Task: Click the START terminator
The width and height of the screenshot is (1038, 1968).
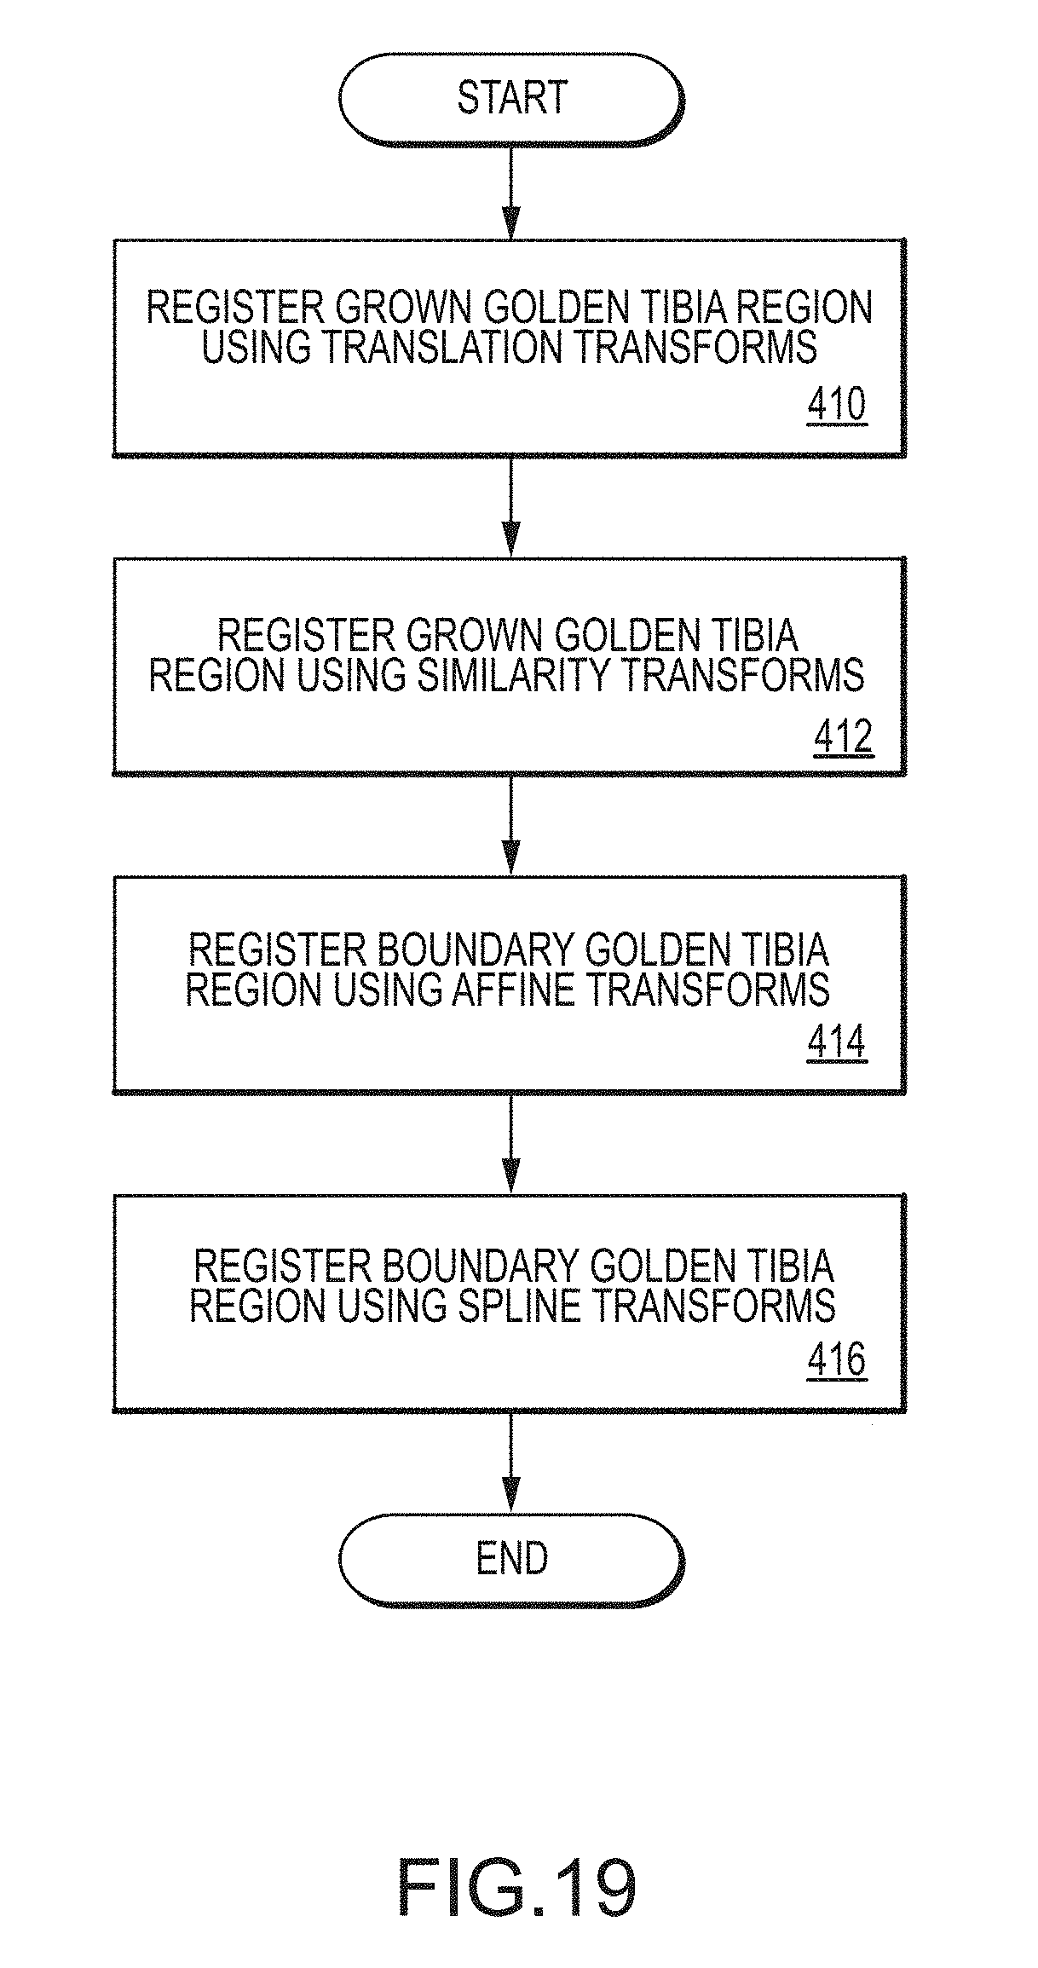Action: [x=511, y=98]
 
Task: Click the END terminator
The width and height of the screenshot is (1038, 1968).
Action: [x=511, y=1559]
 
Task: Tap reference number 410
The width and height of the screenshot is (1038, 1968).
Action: [x=836, y=406]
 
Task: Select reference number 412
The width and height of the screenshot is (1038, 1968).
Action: [x=843, y=736]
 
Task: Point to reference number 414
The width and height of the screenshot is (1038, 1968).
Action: [x=836, y=1042]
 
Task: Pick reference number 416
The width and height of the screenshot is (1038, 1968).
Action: [x=836, y=1360]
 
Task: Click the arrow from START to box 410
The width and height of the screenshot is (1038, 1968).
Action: [x=510, y=191]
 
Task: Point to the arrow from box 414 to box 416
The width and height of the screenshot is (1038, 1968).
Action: [x=510, y=1143]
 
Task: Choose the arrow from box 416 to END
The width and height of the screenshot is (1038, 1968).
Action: [x=510, y=1463]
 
